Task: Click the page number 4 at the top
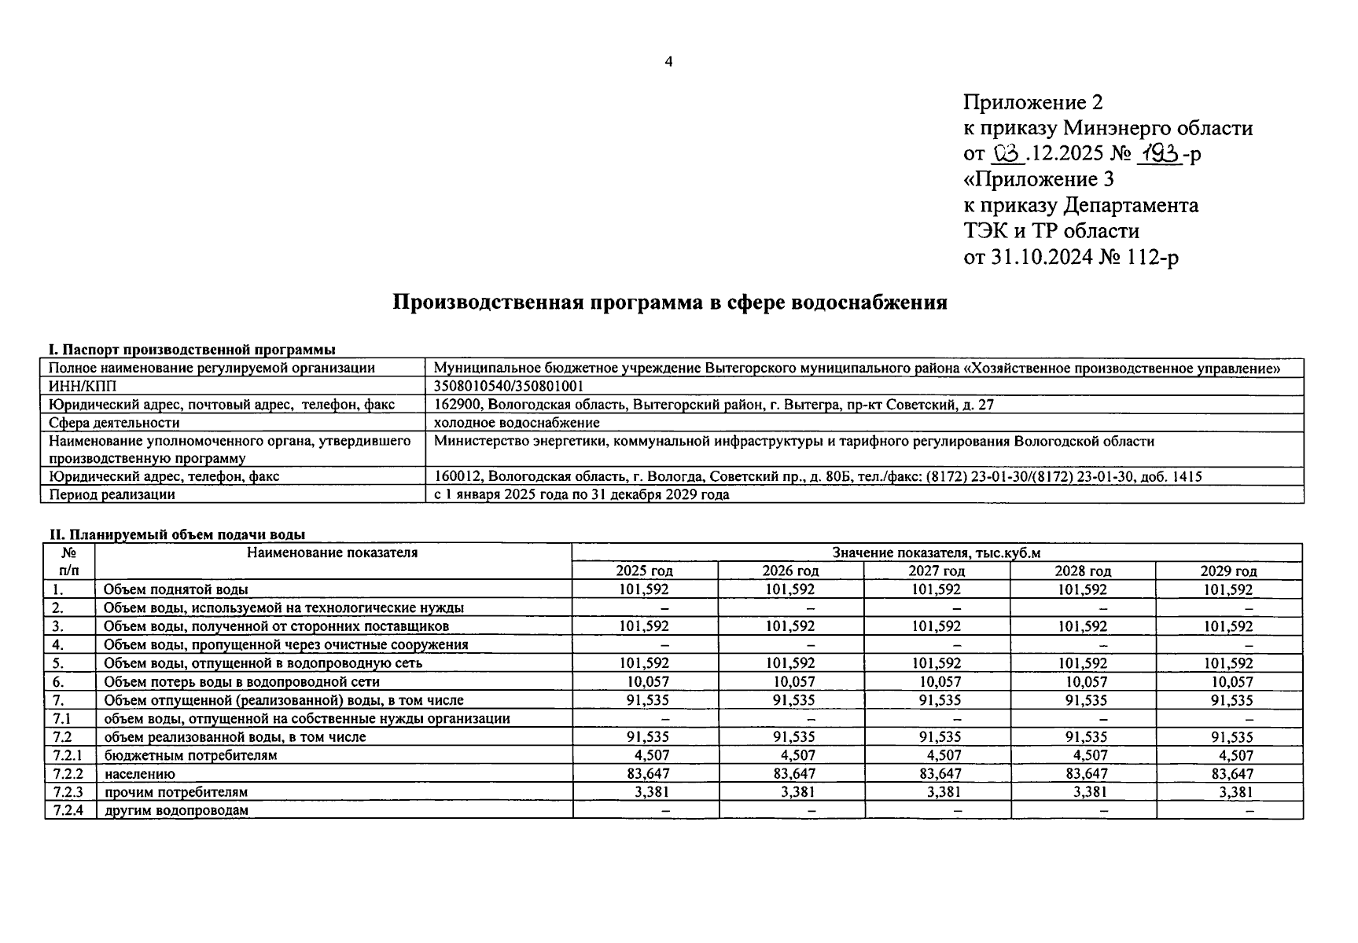click(x=668, y=62)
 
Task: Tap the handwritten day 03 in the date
click(x=1007, y=154)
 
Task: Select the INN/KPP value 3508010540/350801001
click(x=509, y=386)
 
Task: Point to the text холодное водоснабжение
click(x=517, y=423)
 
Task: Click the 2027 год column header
click(x=936, y=571)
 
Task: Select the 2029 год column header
click(x=1228, y=571)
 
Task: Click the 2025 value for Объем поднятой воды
click(x=644, y=589)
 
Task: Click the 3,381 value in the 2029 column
click(x=1235, y=792)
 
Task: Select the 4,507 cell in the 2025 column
click(x=652, y=756)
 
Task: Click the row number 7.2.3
click(x=68, y=792)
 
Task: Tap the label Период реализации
click(x=112, y=495)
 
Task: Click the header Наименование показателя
click(x=333, y=553)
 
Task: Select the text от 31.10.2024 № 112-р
click(x=1070, y=257)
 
